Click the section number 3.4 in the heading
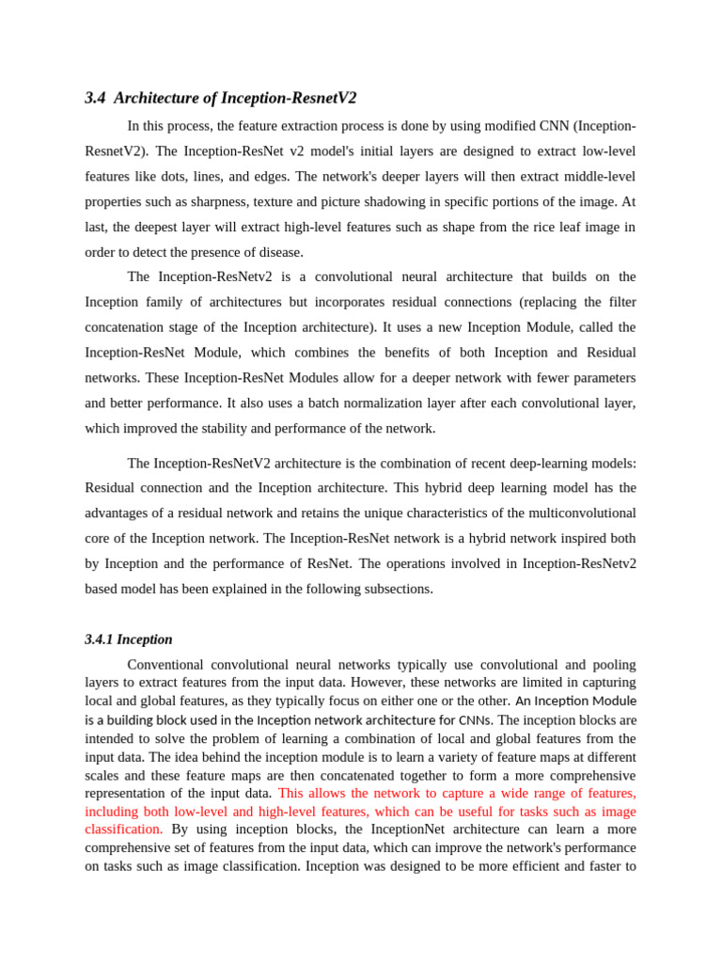(x=94, y=98)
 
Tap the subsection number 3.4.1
(x=98, y=639)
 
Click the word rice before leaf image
(x=507, y=227)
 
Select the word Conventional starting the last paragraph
(x=166, y=664)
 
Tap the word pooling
(x=613, y=664)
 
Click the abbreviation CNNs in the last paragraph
(x=475, y=719)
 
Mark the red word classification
(x=123, y=829)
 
